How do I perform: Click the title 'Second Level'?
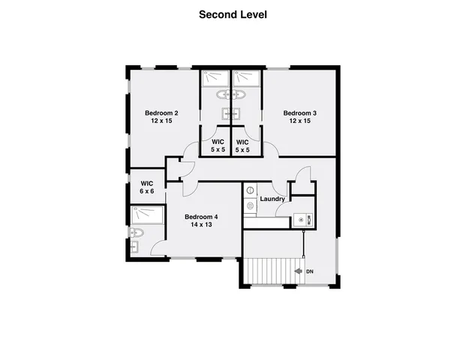[233, 13]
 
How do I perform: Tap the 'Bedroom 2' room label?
[161, 113]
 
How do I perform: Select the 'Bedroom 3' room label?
[299, 113]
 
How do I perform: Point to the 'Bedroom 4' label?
[201, 217]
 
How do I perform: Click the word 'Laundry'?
[272, 199]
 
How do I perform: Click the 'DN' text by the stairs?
[309, 271]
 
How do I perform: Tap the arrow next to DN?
[299, 271]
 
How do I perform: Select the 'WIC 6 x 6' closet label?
[147, 187]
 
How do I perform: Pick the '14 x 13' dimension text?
[201, 225]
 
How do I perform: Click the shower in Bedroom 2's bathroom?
[215, 78]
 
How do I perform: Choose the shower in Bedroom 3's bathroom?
[245, 78]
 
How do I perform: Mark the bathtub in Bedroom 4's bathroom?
[146, 215]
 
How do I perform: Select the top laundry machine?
[250, 190]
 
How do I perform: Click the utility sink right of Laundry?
[299, 220]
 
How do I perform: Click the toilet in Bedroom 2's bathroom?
[222, 95]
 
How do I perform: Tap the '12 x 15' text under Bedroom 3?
[299, 121]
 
